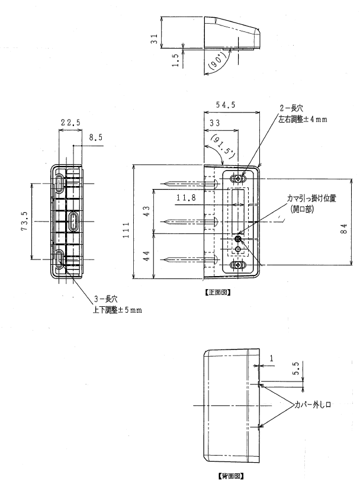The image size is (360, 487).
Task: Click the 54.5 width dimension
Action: click(226, 105)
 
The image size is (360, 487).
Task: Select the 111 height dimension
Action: click(126, 230)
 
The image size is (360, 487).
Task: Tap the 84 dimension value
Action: click(344, 229)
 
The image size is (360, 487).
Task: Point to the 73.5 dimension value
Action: click(25, 221)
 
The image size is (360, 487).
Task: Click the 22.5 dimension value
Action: click(70, 123)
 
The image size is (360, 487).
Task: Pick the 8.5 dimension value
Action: click(95, 137)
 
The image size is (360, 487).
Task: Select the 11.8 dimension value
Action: click(186, 197)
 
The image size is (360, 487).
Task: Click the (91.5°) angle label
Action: click(223, 145)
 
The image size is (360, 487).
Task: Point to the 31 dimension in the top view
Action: click(154, 39)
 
